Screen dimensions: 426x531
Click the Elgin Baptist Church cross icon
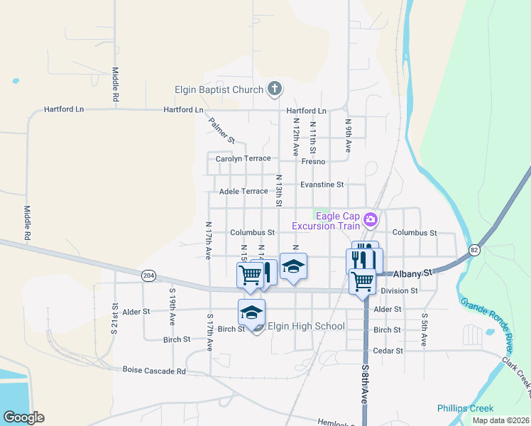click(x=275, y=89)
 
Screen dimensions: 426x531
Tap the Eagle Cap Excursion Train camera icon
click(x=370, y=219)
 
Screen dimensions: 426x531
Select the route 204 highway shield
click(x=148, y=276)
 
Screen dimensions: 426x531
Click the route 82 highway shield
click(x=473, y=249)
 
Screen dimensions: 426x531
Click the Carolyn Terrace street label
click(x=243, y=158)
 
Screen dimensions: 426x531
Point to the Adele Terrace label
click(x=243, y=192)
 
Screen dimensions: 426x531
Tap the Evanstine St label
click(x=322, y=185)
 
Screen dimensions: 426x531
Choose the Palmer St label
click(x=221, y=131)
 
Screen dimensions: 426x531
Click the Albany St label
click(x=413, y=273)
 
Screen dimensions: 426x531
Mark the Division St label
click(x=400, y=290)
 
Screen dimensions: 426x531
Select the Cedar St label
click(x=388, y=351)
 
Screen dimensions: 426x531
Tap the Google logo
click(x=23, y=417)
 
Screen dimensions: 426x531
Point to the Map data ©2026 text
click(x=500, y=420)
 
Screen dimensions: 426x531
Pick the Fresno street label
click(x=313, y=162)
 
